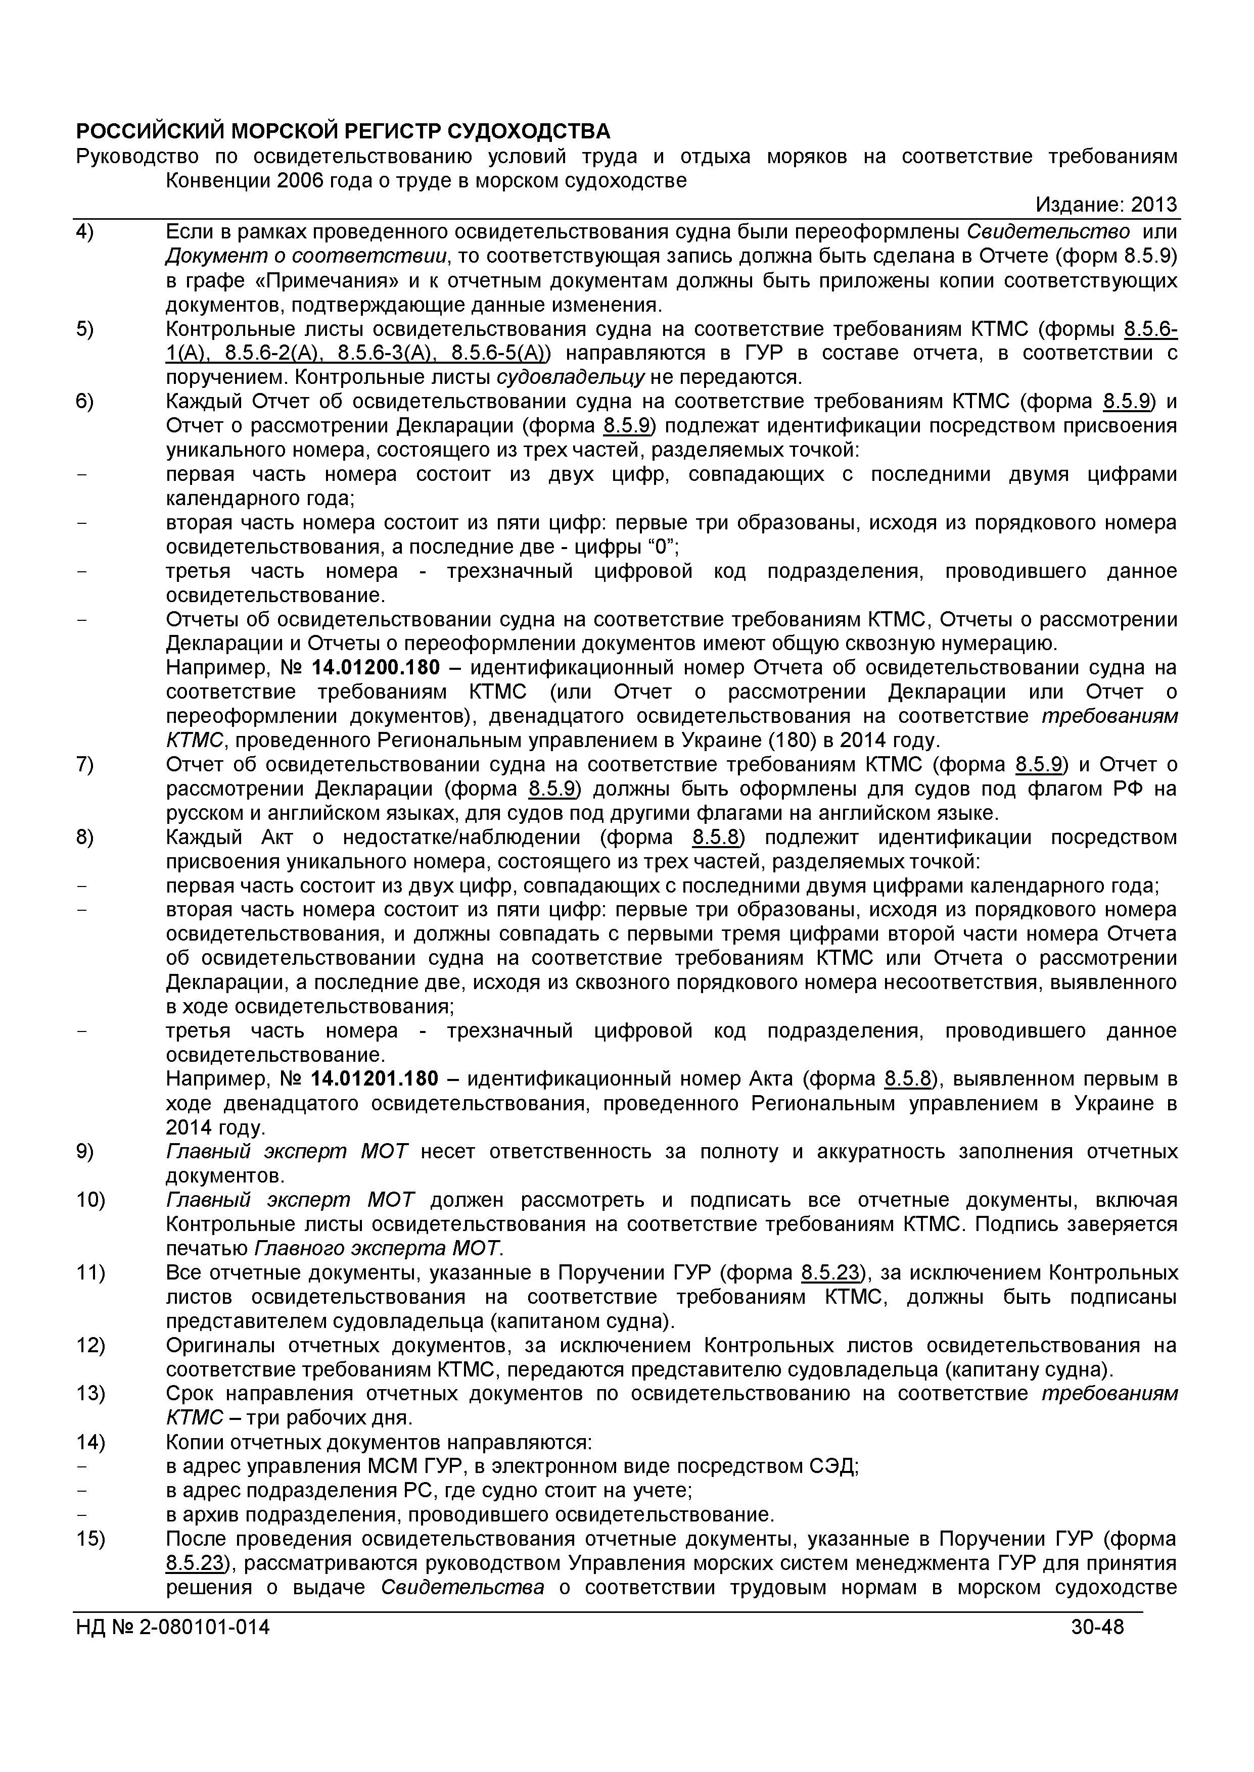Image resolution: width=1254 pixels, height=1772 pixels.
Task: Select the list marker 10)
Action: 90,1200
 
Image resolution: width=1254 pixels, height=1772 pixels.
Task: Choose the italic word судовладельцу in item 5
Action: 570,377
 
